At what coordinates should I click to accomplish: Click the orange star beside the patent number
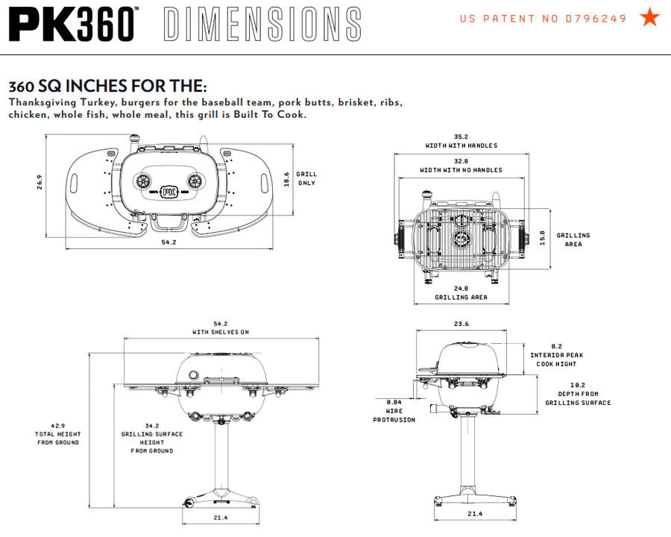650,17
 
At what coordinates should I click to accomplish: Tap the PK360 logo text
73,24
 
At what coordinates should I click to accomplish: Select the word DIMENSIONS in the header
261,25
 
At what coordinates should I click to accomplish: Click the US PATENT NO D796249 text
544,19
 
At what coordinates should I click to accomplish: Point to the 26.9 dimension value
40,182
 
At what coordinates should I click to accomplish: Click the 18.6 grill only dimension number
286,179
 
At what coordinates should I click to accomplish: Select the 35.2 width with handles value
461,136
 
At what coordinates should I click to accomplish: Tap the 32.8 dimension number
461,161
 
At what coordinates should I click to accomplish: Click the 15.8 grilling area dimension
543,237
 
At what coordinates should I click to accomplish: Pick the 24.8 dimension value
461,288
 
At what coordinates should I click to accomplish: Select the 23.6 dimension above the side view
461,324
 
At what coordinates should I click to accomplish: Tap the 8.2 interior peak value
557,346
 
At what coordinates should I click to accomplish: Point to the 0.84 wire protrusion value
394,402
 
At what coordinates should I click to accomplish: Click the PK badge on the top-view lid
169,189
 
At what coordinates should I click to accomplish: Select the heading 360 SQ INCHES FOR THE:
107,87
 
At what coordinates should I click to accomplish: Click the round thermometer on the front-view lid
194,374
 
